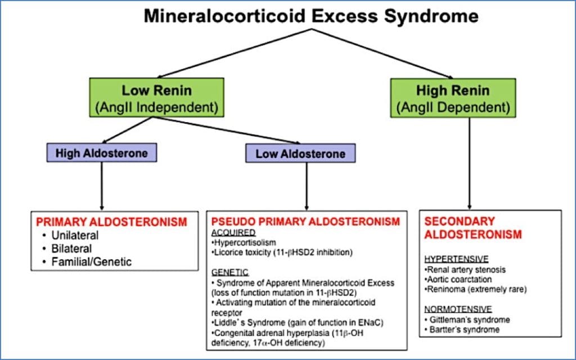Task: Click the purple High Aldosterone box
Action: [x=101, y=152]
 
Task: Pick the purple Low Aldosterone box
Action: [x=300, y=154]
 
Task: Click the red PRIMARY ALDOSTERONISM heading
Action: [x=111, y=222]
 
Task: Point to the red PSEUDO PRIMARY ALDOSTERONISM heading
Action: [x=305, y=222]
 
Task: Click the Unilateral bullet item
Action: [x=74, y=236]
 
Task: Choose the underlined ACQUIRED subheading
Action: [x=233, y=233]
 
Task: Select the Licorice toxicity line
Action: [x=281, y=253]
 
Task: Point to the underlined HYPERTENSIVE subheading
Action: [x=456, y=259]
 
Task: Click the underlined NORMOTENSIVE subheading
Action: [x=458, y=309]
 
